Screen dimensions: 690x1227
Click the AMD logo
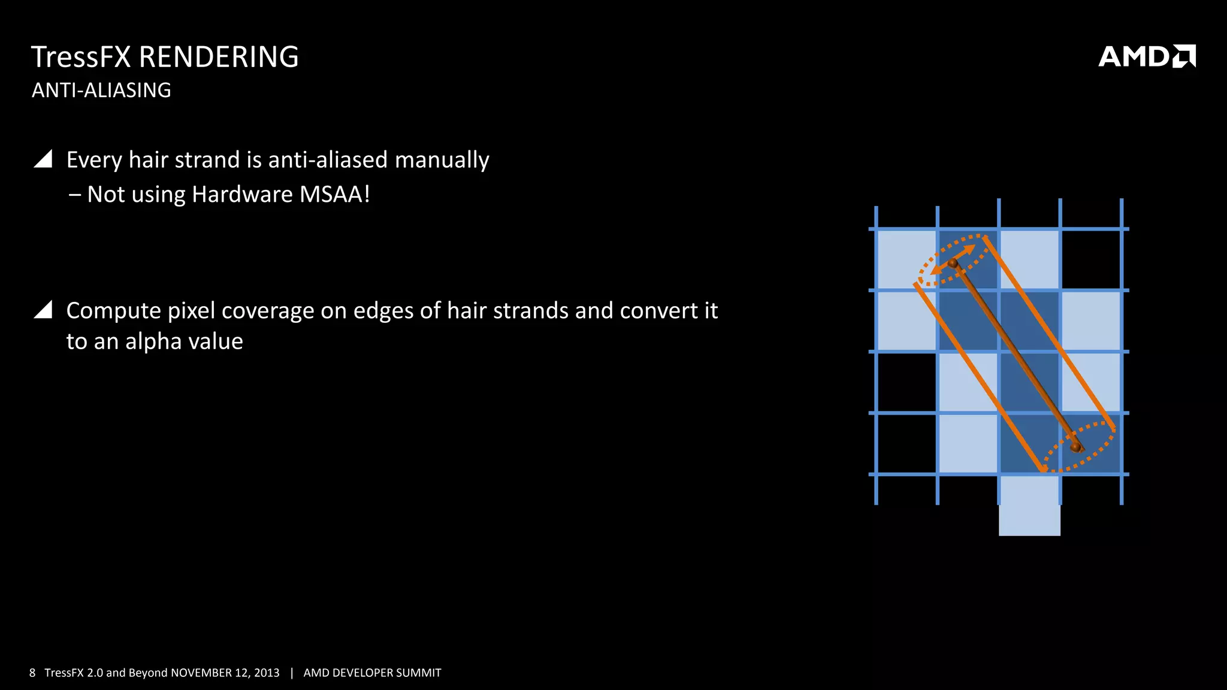(x=1146, y=56)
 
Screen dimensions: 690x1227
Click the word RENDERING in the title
(x=219, y=57)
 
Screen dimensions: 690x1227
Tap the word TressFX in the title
(x=81, y=57)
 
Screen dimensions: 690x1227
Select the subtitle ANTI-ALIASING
(x=101, y=90)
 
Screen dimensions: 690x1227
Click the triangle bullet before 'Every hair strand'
(x=43, y=159)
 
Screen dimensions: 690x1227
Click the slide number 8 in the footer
(x=32, y=673)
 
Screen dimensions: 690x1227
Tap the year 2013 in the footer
(x=266, y=673)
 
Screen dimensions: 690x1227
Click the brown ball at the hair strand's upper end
(x=953, y=263)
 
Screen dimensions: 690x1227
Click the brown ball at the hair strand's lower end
(x=1075, y=447)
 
